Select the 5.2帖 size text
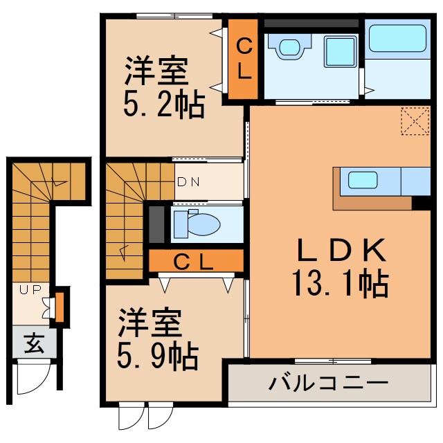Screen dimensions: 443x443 tap(164, 105)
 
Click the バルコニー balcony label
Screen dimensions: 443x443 tap(329, 383)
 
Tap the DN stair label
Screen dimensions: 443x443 tap(188, 183)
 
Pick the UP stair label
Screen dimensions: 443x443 tap(30, 290)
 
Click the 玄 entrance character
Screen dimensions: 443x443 tap(34, 342)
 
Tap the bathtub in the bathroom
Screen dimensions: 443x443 tap(397, 38)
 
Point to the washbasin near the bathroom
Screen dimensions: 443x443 tap(291, 46)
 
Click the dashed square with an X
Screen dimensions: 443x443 tap(415, 123)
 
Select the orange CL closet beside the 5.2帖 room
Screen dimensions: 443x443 tap(244, 58)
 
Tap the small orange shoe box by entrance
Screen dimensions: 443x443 tap(60, 308)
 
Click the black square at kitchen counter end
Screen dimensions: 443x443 tap(420, 203)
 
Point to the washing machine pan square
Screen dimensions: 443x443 tap(339, 50)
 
